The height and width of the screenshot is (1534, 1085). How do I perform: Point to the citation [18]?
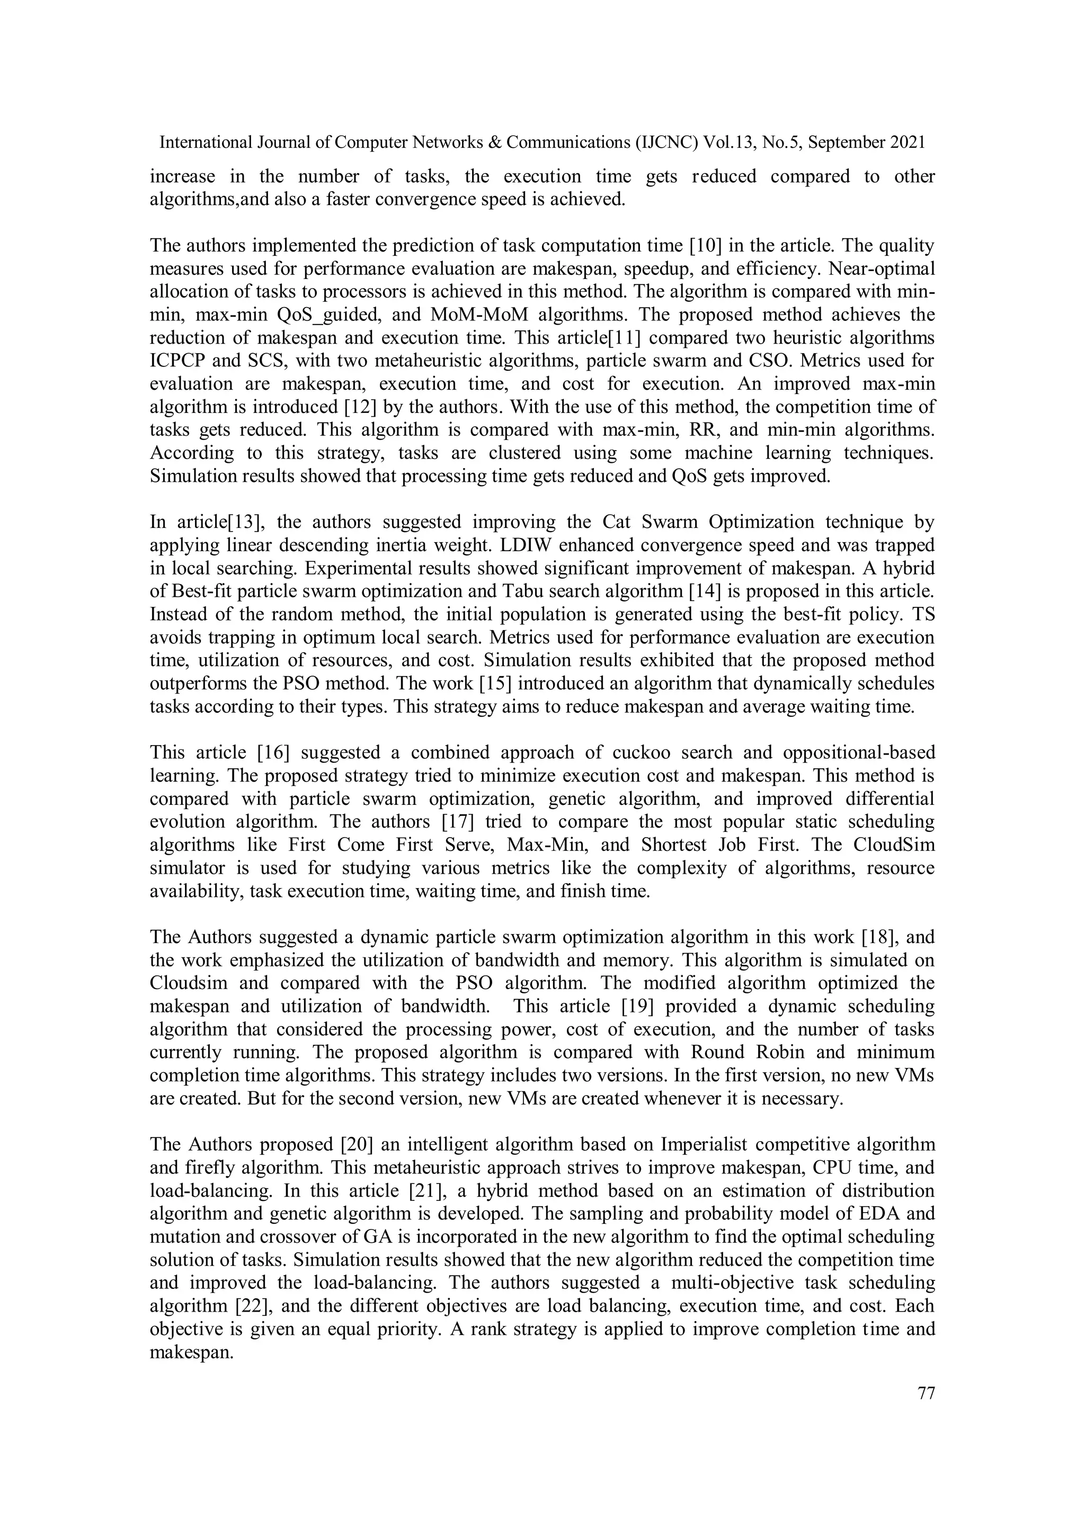coord(871,937)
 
